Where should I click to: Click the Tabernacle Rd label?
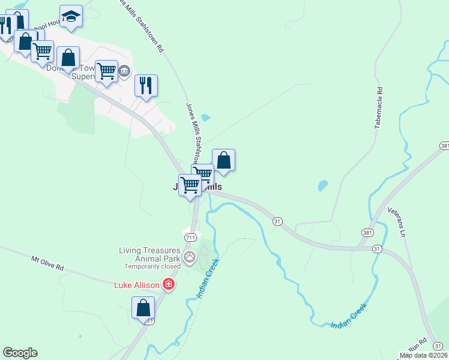coord(379,109)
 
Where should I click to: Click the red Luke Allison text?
coord(136,284)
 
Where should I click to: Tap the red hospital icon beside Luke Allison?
coord(169,284)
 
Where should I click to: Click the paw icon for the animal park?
coord(190,259)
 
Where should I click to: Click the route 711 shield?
coord(190,238)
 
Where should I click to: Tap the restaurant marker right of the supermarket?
coord(146,86)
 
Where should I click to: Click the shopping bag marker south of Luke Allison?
coord(143,308)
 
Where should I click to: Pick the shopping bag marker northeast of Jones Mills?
coord(223,160)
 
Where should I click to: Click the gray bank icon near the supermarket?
coord(124,71)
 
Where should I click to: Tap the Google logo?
coord(20,353)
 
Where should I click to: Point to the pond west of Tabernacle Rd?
coord(323,185)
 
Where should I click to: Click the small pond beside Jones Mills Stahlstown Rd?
coord(206,118)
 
